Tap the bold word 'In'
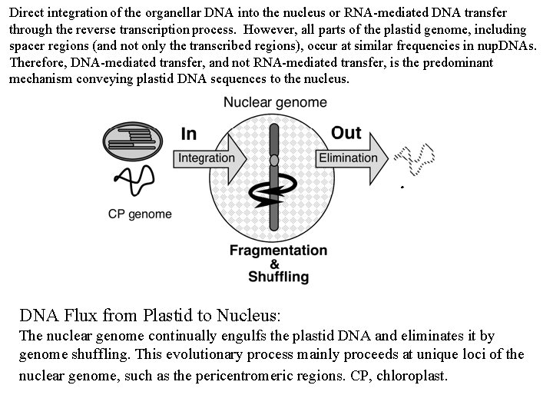tap(188, 134)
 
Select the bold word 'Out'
tap(346, 132)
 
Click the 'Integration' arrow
tap(207, 158)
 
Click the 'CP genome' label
tap(140, 214)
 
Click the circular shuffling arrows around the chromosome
tap(273, 196)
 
